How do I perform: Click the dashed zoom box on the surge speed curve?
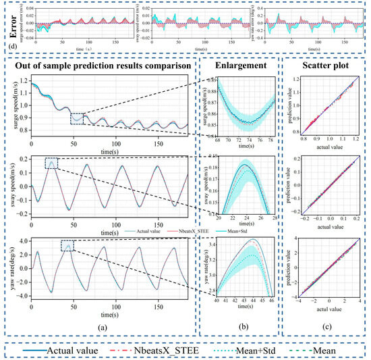(80, 119)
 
